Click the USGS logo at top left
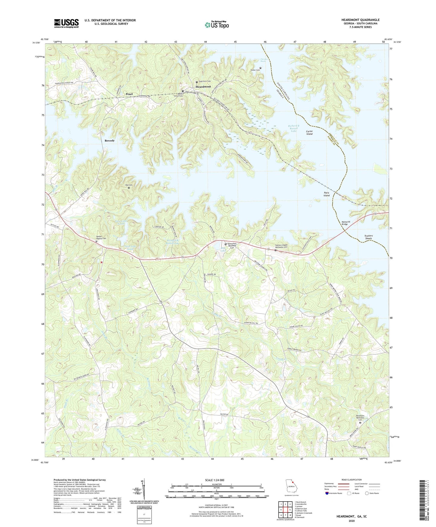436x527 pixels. [x=66, y=23]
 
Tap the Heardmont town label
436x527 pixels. [x=203, y=87]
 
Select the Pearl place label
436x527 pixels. [x=129, y=94]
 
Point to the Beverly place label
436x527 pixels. [x=110, y=141]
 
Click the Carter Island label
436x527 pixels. [x=309, y=133]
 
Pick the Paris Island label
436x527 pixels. [x=326, y=194]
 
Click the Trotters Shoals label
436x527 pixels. [x=368, y=237]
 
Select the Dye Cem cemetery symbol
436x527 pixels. [x=129, y=188]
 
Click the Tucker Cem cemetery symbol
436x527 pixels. [x=260, y=68]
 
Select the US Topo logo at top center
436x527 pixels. [x=217, y=25]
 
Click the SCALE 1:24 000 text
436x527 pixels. [x=215, y=480]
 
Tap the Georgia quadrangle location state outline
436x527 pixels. [x=291, y=487]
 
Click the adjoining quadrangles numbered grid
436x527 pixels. [x=285, y=510]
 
